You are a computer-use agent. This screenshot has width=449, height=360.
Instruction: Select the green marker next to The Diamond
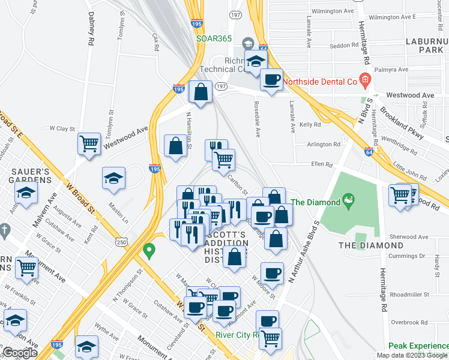(x=346, y=199)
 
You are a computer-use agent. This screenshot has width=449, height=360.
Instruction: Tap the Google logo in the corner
(x=20, y=353)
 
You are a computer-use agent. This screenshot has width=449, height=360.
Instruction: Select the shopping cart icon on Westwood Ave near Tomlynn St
(x=89, y=143)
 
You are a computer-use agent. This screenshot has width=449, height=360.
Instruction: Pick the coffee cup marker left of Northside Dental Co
(x=271, y=79)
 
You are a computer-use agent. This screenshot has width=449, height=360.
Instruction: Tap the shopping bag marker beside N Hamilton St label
(x=175, y=146)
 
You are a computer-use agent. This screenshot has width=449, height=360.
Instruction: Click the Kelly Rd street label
(x=310, y=125)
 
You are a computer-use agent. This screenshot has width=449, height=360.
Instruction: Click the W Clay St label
(x=62, y=128)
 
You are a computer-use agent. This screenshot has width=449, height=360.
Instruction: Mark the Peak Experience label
(x=418, y=346)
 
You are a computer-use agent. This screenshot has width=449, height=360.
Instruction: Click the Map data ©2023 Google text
(x=412, y=355)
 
